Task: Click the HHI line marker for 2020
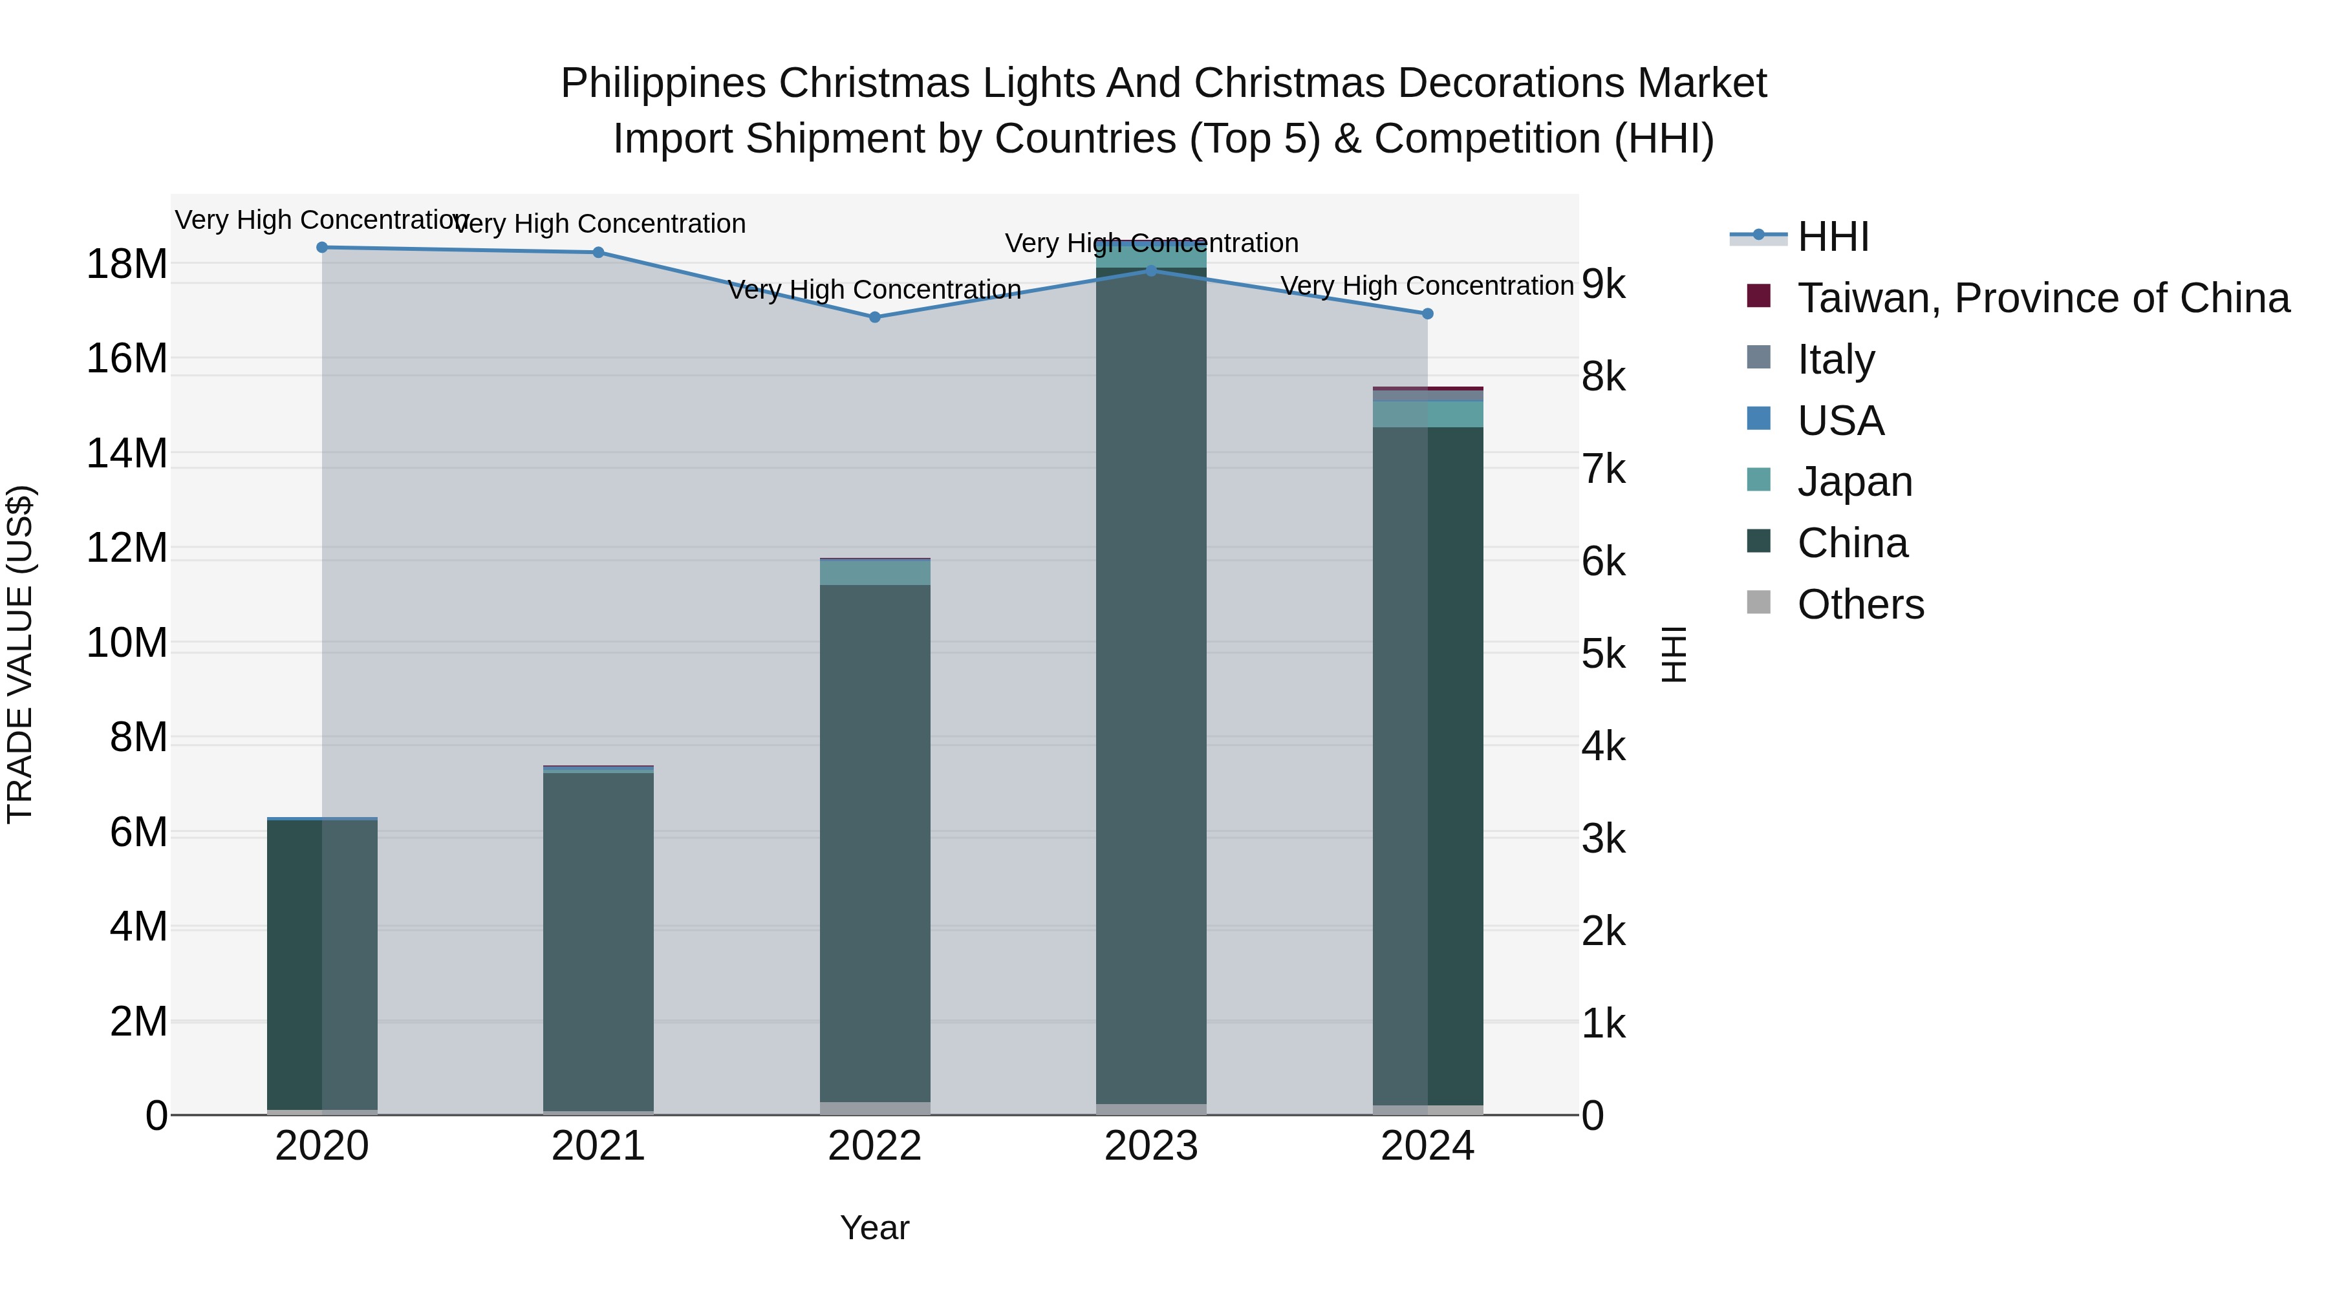(x=322, y=248)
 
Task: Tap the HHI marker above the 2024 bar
(x=1427, y=314)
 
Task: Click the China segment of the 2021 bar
(x=598, y=939)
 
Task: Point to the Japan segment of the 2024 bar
(x=1427, y=414)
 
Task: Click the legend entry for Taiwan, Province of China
(x=2042, y=298)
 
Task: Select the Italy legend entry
(x=1835, y=359)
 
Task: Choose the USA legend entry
(x=1840, y=421)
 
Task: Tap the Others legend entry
(x=1860, y=604)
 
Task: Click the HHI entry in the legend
(x=1832, y=237)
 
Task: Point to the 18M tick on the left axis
(x=127, y=264)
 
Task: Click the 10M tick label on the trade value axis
(x=127, y=643)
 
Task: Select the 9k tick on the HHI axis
(x=1603, y=284)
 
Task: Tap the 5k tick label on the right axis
(x=1603, y=654)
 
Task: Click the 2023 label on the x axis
(x=1150, y=1146)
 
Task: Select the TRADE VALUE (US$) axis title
(x=20, y=654)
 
